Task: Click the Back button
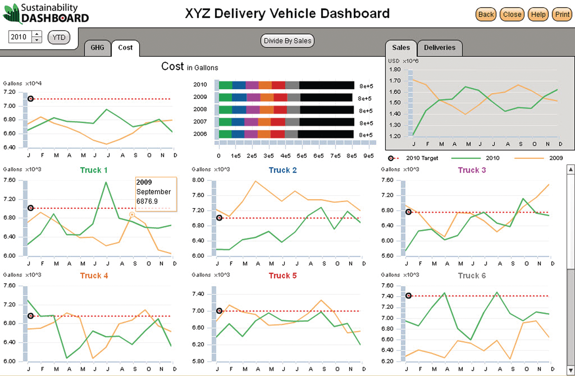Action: pos(486,15)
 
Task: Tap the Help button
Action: pos(538,15)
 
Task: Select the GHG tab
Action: pos(97,48)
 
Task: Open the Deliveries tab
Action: pos(439,48)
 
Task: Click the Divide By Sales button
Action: pos(287,41)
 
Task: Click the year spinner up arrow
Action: pos(37,34)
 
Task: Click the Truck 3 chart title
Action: pos(471,170)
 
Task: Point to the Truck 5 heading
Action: pos(282,276)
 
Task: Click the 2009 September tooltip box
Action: pos(156,194)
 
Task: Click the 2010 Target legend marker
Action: pos(391,158)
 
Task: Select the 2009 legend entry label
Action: pos(556,158)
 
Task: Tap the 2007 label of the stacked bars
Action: pos(200,122)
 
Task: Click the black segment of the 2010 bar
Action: pos(326,85)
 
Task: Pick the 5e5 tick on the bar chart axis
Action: pos(302,156)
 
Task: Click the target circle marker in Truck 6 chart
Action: pos(408,296)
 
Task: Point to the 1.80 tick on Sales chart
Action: pos(395,70)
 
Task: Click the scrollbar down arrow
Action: pos(571,370)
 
